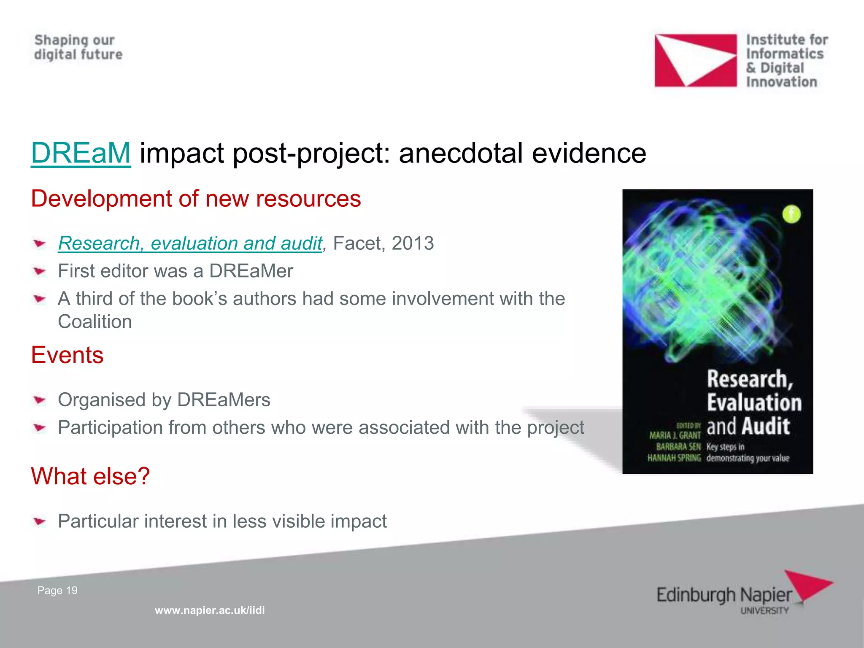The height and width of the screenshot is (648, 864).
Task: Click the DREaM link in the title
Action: point(81,153)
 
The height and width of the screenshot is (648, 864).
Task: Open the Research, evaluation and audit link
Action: point(190,243)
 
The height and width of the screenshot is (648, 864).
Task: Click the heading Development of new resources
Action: point(196,199)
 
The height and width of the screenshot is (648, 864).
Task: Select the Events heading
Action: point(67,355)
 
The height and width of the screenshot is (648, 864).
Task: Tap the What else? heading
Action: point(90,476)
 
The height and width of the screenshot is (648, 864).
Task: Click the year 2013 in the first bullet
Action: point(413,243)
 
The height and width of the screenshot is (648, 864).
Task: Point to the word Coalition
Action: point(95,322)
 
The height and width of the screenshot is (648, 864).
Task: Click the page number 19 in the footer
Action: point(72,591)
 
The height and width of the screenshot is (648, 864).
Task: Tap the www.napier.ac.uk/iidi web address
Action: point(210,610)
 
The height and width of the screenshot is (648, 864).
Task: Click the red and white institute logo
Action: point(695,60)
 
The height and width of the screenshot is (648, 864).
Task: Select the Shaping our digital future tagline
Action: point(78,47)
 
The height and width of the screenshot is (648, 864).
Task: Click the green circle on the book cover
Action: point(791,214)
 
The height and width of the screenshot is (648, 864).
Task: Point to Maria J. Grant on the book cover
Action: point(675,435)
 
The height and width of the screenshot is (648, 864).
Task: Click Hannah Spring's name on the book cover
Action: point(674,458)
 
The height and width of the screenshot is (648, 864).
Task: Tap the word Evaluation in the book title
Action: point(754,402)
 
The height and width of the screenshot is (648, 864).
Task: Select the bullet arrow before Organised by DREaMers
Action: point(40,400)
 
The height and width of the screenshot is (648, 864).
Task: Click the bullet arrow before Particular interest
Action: point(40,521)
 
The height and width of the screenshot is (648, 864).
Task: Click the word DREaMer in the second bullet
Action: point(251,271)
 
